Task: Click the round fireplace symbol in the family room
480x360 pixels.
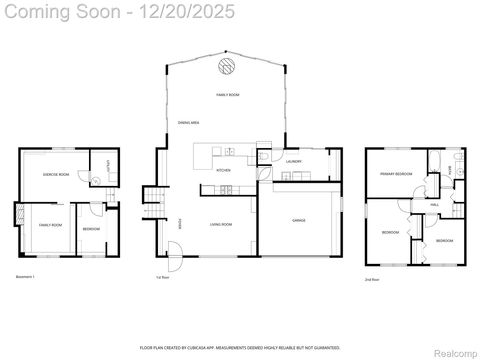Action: [226, 67]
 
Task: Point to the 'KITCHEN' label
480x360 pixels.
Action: [224, 170]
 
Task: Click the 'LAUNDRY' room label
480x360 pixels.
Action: [294, 161]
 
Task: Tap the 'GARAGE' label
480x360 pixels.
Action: [298, 220]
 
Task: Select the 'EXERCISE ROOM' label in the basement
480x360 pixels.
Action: [55, 175]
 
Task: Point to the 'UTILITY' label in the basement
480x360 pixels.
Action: [107, 164]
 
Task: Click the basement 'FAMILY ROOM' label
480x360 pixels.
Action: [50, 225]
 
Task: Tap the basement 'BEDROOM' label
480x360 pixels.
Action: [90, 230]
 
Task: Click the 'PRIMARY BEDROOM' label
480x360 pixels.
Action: [396, 174]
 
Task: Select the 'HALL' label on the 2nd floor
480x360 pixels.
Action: [435, 204]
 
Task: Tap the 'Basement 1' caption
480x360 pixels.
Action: [26, 276]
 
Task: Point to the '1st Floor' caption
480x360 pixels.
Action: [162, 277]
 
